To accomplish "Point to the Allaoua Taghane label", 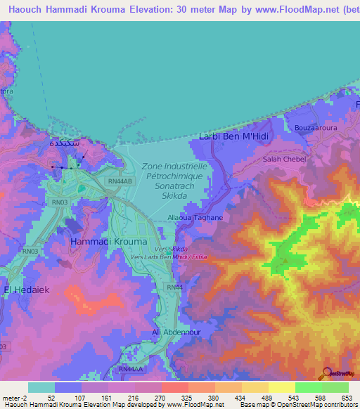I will click(199, 218).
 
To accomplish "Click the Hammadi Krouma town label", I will click(109, 241).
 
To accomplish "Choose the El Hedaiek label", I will click(27, 289).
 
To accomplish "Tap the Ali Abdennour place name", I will click(172, 332).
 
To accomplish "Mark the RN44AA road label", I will click(129, 369).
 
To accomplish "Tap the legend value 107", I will click(82, 397).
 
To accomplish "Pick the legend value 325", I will click(186, 397).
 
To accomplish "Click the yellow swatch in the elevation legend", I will click(281, 387).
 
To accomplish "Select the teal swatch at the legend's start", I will click(41, 387).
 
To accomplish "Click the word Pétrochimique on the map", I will click(175, 176).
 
